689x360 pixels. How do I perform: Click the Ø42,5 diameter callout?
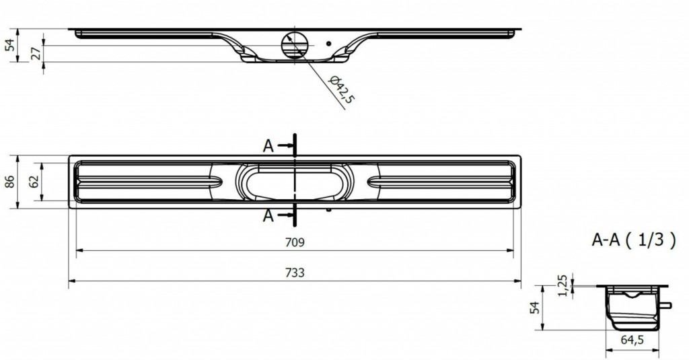coord(342,90)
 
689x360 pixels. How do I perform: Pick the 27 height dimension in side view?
coord(35,53)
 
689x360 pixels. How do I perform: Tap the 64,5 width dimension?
coord(633,340)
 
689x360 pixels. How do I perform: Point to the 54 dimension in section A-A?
coord(535,308)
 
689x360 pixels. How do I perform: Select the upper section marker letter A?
coord(268,146)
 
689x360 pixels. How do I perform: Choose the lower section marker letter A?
coord(268,215)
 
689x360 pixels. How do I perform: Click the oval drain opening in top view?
coord(294,182)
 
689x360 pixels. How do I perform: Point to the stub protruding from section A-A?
coord(667,304)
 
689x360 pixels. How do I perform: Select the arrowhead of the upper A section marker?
coord(290,145)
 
